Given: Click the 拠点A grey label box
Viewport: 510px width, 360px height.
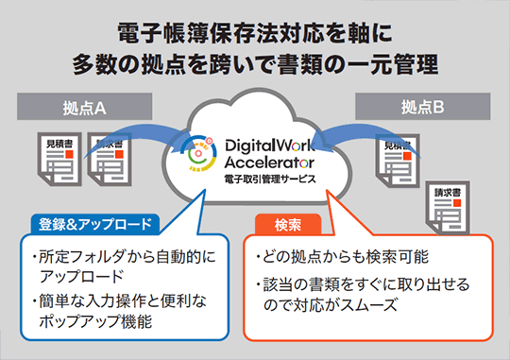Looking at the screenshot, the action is coord(85,107).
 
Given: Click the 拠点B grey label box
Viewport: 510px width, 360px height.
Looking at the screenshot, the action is coord(422,107).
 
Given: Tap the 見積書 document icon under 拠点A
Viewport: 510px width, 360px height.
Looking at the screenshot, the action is coord(59,159).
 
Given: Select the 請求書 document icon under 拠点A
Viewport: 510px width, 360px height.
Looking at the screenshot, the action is coord(110,159).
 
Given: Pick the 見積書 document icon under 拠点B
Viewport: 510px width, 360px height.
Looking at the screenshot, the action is coord(398,161).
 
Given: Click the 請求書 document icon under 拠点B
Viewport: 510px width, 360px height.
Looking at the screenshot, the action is coord(448,208).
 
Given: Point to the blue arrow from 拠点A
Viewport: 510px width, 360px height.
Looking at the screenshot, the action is coord(137,138).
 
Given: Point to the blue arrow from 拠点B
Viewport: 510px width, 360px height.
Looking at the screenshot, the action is coord(367,138).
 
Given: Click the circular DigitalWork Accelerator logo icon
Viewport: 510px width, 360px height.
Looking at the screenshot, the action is coord(199,153).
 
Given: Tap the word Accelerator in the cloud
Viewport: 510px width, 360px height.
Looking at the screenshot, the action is coord(269,163).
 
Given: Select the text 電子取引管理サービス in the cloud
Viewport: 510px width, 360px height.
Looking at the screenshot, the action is coord(269,179).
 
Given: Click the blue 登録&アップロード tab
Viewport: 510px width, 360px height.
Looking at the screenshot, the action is coord(95,224).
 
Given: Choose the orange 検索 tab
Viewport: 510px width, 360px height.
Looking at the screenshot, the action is coord(288,224).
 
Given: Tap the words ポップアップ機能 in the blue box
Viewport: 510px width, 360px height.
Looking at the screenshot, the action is coord(95,321).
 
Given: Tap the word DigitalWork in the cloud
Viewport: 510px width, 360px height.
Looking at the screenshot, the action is coord(269,146).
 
